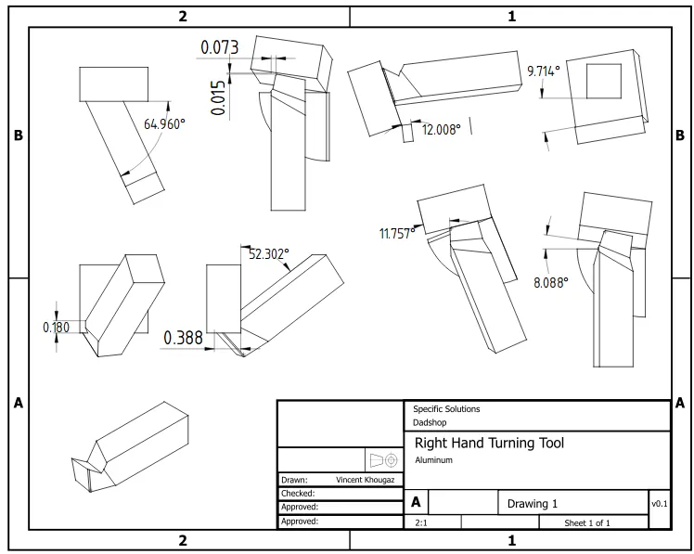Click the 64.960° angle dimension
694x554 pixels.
pos(164,124)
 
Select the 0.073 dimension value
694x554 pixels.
pos(220,47)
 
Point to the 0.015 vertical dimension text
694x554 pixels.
pos(219,97)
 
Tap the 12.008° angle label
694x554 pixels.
pos(442,129)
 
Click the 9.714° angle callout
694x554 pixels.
pos(544,71)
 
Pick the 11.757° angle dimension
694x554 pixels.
pos(397,233)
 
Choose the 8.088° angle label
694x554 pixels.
pos(550,282)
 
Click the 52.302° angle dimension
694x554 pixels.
pos(269,253)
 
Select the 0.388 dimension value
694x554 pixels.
pos(183,338)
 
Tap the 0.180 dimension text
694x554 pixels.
pos(57,328)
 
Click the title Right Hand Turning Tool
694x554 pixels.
pos(489,443)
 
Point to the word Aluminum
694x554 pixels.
pos(434,460)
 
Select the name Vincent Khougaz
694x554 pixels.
pos(366,480)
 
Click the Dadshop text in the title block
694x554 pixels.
pos(430,422)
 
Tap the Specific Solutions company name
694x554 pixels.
pos(446,408)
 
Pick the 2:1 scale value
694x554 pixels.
pos(421,523)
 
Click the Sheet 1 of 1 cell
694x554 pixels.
pos(587,523)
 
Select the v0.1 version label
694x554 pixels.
pos(660,504)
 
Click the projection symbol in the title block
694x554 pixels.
pos(383,460)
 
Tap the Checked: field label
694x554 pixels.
pos(298,494)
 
